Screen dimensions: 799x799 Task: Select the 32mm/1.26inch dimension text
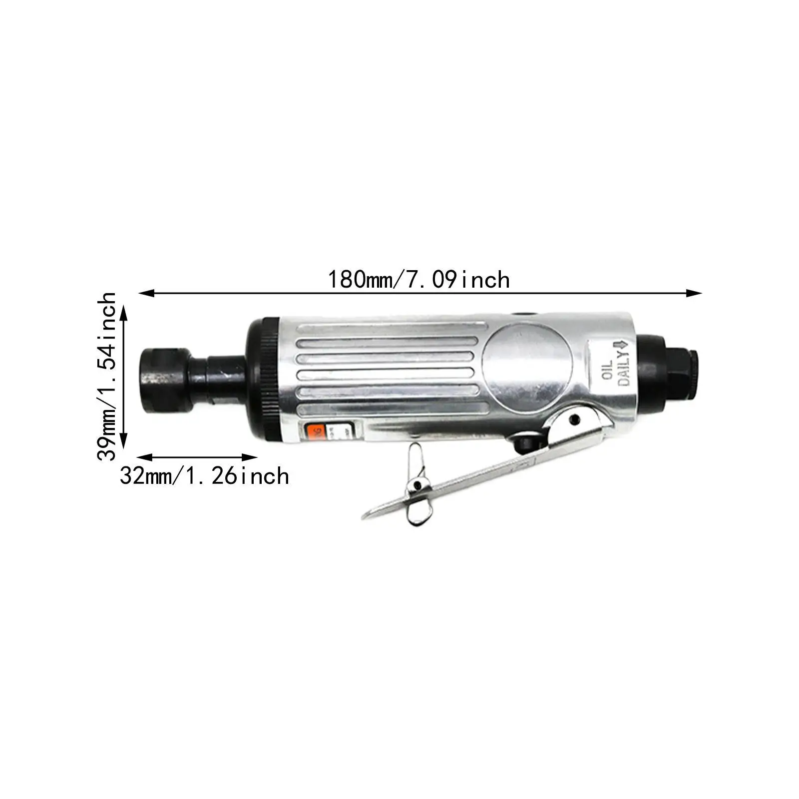pyautogui.click(x=204, y=475)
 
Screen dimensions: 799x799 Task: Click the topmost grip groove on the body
pyautogui.click(x=385, y=330)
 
